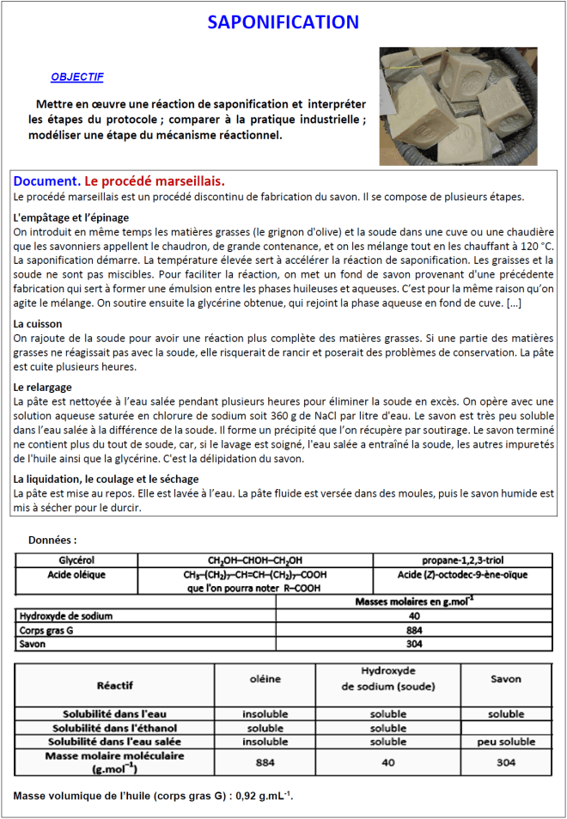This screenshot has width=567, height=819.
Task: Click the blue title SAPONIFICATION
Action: [x=283, y=22]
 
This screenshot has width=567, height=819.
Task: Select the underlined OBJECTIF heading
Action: [x=77, y=77]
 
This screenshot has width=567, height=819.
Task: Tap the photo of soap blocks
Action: [x=458, y=106]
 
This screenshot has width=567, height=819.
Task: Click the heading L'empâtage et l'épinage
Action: [x=71, y=217]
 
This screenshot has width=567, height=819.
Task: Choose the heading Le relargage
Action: [x=44, y=388]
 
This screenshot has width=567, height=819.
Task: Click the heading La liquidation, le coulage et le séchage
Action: [x=107, y=479]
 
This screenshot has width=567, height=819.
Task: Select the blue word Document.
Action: [x=47, y=181]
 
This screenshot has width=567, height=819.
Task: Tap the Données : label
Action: [x=52, y=541]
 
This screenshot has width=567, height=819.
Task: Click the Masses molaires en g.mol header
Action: [x=414, y=602]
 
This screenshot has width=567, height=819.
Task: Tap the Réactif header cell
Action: [x=114, y=685]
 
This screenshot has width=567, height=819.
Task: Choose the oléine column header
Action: [x=265, y=679]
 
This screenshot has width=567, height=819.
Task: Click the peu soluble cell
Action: [x=505, y=741]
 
